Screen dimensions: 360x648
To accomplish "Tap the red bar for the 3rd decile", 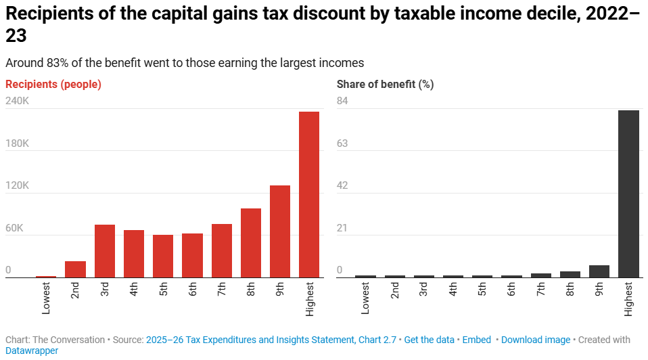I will coord(105,251).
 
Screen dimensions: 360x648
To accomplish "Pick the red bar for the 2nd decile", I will coord(75,269).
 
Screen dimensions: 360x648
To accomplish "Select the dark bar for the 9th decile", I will coord(599,271).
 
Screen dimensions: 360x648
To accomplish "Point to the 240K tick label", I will coord(18,101).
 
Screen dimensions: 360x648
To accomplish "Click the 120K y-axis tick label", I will coord(18,185).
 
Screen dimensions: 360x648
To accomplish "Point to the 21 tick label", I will coord(343,228).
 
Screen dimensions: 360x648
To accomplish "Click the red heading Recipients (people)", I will coord(53,85).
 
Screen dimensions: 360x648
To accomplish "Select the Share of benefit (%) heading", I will coord(385,85).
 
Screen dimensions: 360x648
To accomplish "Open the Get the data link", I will coord(430,340).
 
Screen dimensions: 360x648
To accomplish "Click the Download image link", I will coord(536,340).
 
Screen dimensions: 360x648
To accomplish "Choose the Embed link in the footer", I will coord(476,340).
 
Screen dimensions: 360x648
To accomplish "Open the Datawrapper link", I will coord(32,351).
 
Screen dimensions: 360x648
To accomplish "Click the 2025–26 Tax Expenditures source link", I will coord(271,340).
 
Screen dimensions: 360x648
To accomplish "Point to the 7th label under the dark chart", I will coord(540,290).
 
